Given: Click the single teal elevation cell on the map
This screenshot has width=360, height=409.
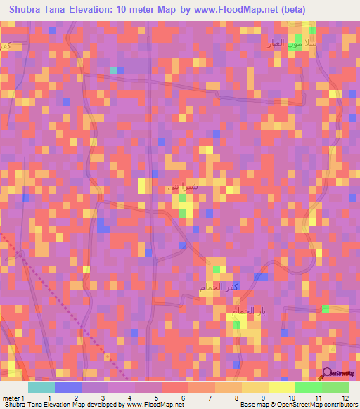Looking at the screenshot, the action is click(114, 70).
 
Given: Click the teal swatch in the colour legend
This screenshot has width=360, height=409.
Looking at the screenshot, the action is click(41, 387).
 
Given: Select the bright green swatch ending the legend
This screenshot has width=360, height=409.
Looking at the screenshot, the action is click(335, 387).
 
